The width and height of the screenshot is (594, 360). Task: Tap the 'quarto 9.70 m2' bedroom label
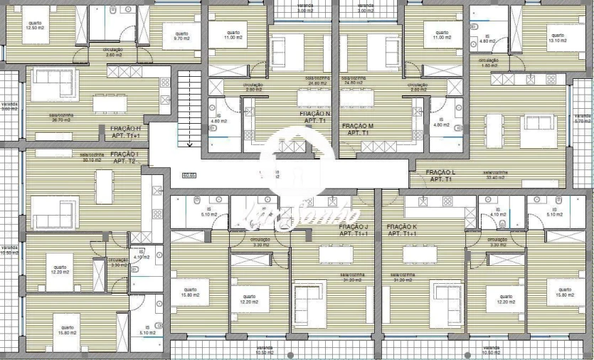pyautogui.click(x=181, y=35)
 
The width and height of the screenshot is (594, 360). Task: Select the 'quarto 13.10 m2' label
pyautogui.click(x=556, y=37)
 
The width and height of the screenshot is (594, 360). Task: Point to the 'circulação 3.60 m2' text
pyautogui.click(x=114, y=52)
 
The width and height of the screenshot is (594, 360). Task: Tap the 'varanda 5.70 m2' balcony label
pyautogui.click(x=582, y=118)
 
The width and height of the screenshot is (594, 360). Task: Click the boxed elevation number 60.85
pyautogui.click(x=189, y=174)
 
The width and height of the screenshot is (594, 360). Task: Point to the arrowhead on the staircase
pyautogui.click(x=189, y=144)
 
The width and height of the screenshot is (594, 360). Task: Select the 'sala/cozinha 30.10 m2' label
pyautogui.click(x=92, y=157)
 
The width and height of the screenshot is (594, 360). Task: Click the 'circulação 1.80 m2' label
pyautogui.click(x=488, y=63)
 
